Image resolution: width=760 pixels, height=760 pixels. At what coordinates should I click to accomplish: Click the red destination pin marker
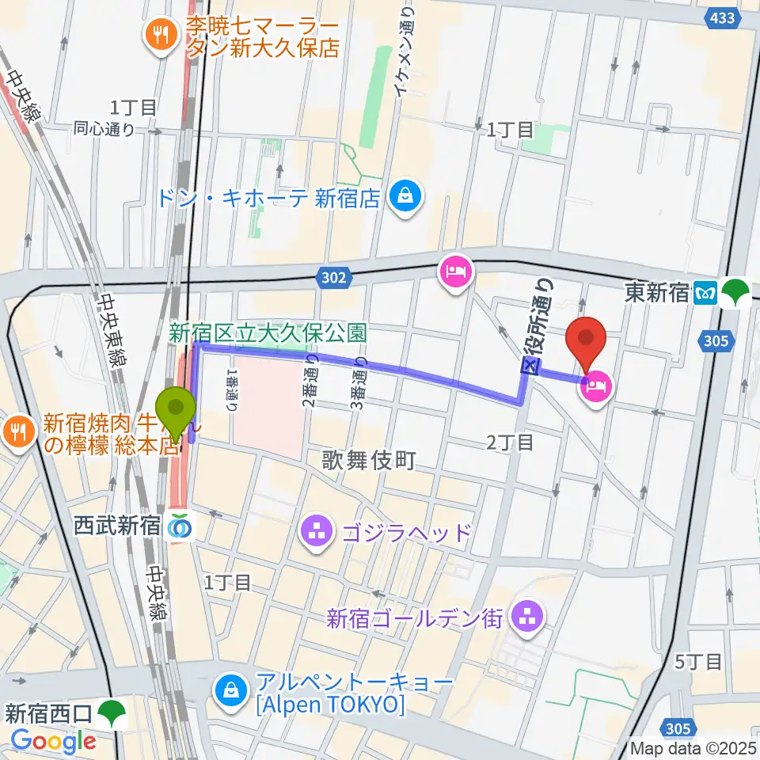[x=587, y=339]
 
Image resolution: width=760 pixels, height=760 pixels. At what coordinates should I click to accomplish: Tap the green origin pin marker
[x=177, y=409]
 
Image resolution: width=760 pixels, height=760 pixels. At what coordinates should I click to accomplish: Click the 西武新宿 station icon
[x=180, y=524]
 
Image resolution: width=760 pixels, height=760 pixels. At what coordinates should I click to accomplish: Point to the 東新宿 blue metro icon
[x=705, y=293]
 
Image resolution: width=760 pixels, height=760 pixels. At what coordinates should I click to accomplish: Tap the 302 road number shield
[x=333, y=277]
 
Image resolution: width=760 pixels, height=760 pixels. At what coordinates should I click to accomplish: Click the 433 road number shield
[x=721, y=17]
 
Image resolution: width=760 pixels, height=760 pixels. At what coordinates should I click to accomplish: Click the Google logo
[x=53, y=741]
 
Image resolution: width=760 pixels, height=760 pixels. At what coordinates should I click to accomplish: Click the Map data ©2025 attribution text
[x=693, y=747]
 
